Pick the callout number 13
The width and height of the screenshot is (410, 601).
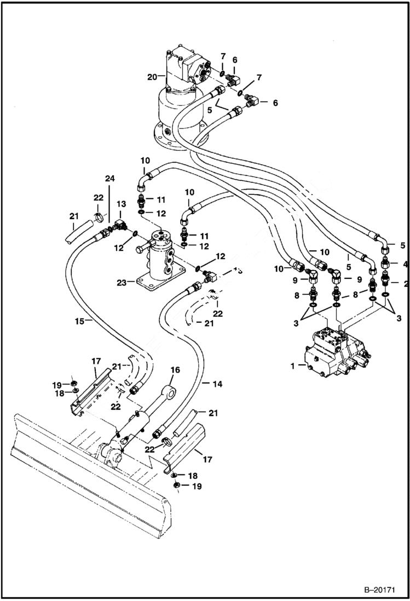[120, 204]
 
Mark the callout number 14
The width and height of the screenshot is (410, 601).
[217, 385]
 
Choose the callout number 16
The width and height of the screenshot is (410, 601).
[174, 370]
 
